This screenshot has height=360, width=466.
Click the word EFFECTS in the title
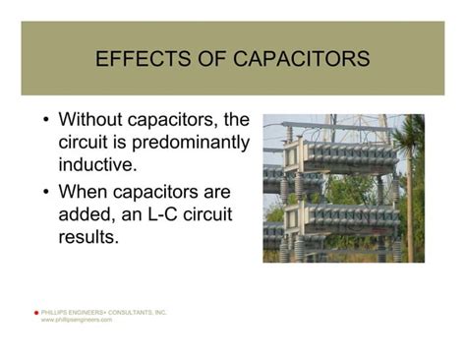[137, 60]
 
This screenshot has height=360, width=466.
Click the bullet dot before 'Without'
[47, 121]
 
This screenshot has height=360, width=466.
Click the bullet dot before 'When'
[47, 192]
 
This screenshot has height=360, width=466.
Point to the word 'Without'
[95, 120]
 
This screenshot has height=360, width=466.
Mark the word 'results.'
[88, 236]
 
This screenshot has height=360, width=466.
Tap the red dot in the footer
[36, 313]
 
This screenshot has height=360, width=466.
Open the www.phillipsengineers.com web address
[77, 320]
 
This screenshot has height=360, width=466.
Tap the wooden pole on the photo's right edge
[410, 197]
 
